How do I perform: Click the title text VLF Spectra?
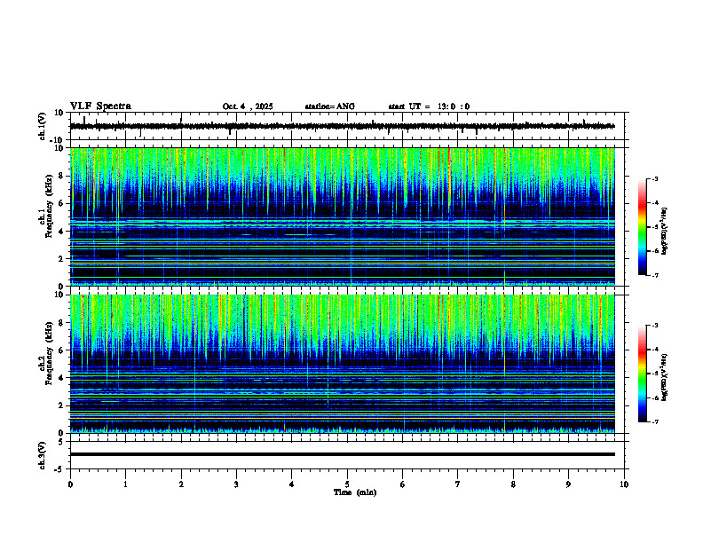pyautogui.click(x=100, y=106)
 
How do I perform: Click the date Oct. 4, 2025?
pyautogui.click(x=250, y=106)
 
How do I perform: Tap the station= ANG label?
pyautogui.click(x=329, y=106)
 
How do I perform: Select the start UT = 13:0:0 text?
pyautogui.click(x=429, y=106)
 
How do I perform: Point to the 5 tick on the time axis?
pyautogui.click(x=347, y=484)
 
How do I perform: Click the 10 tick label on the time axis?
pyautogui.click(x=624, y=484)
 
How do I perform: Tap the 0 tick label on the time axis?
pyautogui.click(x=70, y=484)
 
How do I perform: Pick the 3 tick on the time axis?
pyautogui.click(x=236, y=484)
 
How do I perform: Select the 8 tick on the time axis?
pyautogui.click(x=513, y=484)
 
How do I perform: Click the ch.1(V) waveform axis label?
pyautogui.click(x=43, y=126)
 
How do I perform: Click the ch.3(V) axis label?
pyautogui.click(x=43, y=453)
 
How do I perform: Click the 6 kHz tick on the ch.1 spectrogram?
pyautogui.click(x=62, y=204)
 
